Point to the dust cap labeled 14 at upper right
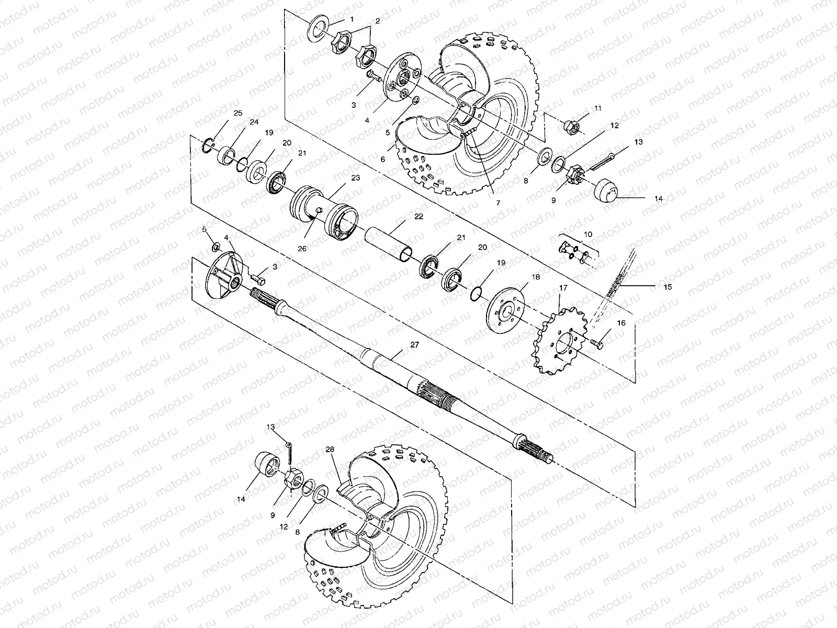point(607,193)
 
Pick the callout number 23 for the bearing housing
point(355,178)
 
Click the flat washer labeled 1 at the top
point(316,30)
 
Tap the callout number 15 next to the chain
point(668,287)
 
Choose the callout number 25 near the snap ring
point(238,113)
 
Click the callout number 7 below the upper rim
point(498,202)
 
